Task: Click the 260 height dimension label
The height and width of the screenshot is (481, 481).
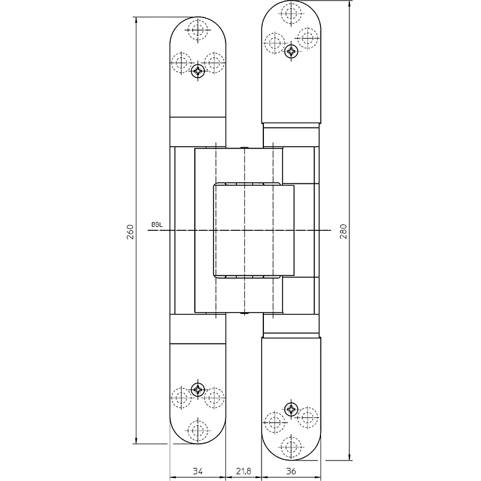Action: (x=130, y=232)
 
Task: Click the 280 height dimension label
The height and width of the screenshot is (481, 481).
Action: (x=343, y=231)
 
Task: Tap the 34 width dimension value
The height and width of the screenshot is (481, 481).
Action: (x=198, y=471)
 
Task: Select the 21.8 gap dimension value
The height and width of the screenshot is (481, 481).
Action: (x=244, y=471)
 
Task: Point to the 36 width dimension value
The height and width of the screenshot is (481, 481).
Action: (x=291, y=471)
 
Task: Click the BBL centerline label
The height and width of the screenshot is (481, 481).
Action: (x=157, y=224)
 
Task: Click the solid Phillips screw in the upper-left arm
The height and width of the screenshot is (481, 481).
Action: (x=198, y=72)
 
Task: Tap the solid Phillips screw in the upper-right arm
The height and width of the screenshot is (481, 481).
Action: (x=291, y=51)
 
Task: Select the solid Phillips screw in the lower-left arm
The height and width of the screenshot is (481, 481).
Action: (x=198, y=390)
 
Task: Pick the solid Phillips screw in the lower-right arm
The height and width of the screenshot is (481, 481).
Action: (x=291, y=409)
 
